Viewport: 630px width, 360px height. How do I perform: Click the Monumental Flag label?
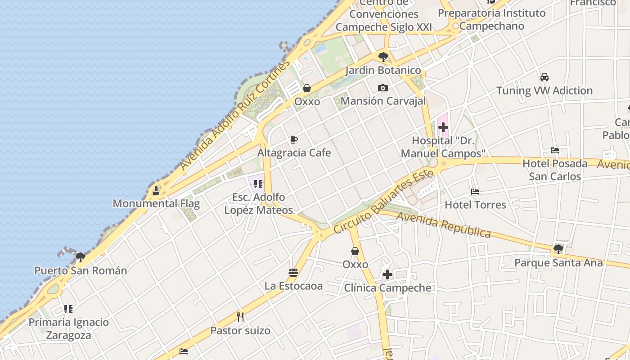click(156, 203)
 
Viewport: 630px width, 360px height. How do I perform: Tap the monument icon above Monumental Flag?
click(156, 190)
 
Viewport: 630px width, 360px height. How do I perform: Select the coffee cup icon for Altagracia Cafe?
click(294, 140)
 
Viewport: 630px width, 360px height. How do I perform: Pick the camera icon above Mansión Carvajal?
click(383, 88)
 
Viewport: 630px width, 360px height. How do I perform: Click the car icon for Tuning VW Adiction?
click(544, 77)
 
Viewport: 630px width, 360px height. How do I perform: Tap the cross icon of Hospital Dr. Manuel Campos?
click(443, 127)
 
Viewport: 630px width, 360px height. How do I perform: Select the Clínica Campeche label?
click(387, 288)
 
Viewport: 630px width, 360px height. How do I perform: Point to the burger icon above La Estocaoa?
click(293, 273)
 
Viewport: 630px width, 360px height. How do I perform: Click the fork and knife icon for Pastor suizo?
click(241, 317)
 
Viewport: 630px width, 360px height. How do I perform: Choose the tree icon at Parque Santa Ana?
click(558, 249)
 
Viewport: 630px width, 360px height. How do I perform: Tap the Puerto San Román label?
click(81, 271)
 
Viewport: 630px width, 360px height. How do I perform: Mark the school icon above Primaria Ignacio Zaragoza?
click(68, 309)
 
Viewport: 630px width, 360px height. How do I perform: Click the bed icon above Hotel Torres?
click(475, 192)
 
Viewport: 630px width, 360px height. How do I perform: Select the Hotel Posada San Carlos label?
click(555, 170)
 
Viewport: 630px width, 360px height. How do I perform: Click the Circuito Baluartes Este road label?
click(383, 202)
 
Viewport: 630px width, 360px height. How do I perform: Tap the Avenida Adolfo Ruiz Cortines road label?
click(235, 116)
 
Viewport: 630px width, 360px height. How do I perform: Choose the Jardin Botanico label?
click(383, 71)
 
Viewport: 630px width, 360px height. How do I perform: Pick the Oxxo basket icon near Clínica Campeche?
click(355, 251)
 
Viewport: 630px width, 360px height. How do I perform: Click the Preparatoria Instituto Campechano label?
click(491, 19)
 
